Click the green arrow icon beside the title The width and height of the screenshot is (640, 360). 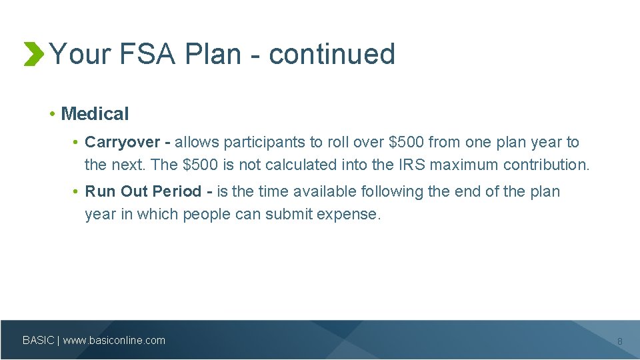pyautogui.click(x=33, y=54)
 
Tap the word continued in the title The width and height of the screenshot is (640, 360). pyautogui.click(x=332, y=54)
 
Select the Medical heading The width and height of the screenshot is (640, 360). pyautogui.click(x=95, y=114)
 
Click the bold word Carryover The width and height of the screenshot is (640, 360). pyautogui.click(x=123, y=142)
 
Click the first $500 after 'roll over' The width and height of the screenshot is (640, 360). pyautogui.click(x=406, y=142)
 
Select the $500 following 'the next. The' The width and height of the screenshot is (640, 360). pyautogui.click(x=199, y=165)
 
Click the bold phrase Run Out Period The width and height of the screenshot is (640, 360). pyautogui.click(x=143, y=191)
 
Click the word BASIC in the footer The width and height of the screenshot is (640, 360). pyautogui.click(x=39, y=341)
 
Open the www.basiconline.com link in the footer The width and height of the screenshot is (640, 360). pyautogui.click(x=114, y=341)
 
